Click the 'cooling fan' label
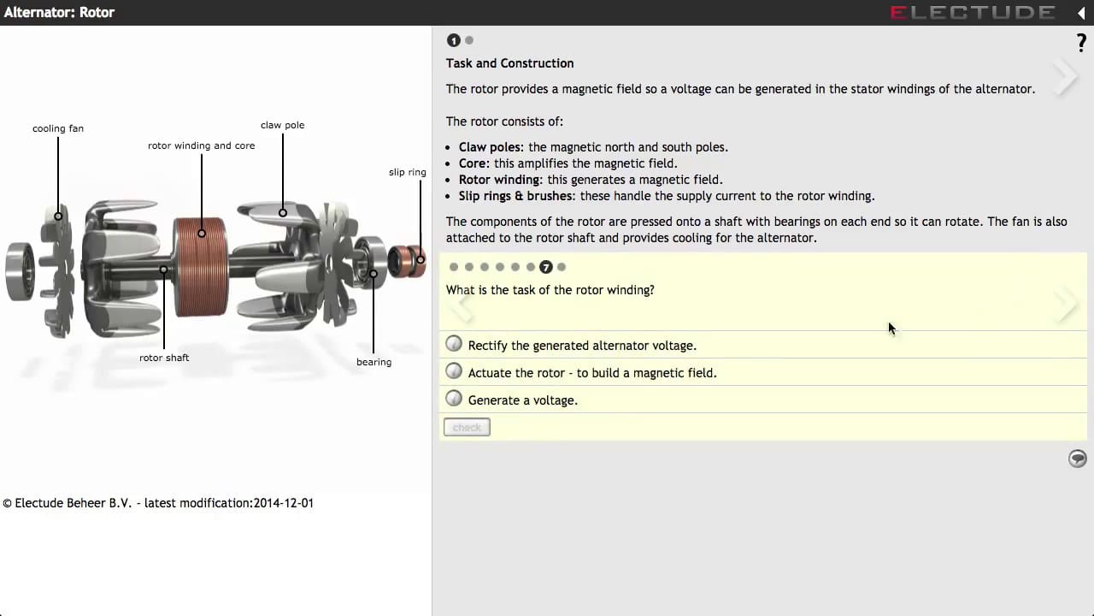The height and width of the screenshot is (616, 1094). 58,128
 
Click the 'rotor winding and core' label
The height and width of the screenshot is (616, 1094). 201,145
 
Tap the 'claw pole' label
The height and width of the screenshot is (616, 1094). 282,125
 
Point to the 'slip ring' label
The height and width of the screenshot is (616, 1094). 407,172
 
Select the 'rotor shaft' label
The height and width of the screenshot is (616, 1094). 164,358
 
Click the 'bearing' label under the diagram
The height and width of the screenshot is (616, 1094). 373,362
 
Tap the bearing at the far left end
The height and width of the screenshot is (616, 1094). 19,271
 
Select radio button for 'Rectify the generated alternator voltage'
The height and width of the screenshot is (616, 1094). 454,344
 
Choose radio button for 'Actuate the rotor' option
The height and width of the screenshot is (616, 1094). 454,371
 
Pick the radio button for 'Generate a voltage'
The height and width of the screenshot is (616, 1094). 454,399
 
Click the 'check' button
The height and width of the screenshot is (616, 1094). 467,427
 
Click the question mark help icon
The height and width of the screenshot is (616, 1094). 1081,44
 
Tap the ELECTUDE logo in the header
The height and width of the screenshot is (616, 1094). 973,12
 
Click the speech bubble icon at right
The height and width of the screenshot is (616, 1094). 1077,459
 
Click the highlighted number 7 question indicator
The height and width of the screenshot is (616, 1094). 546,267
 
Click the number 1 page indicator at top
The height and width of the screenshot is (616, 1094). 454,40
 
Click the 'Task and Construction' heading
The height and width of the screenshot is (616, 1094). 509,63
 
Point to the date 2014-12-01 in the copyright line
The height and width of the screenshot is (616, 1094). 283,503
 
